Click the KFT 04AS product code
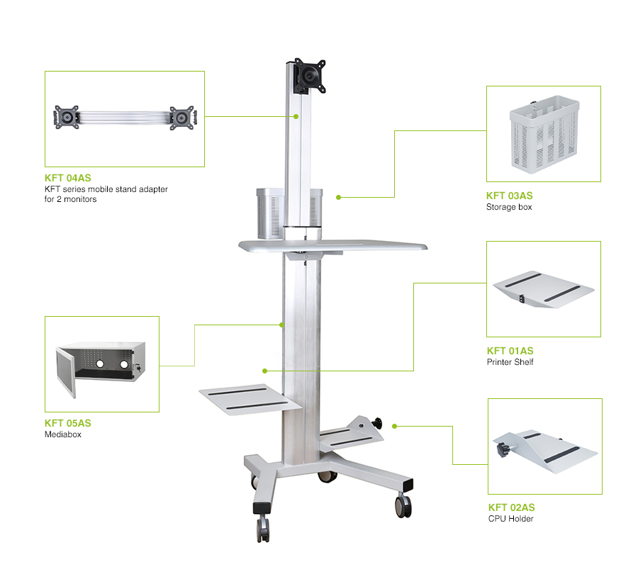pos(68,178)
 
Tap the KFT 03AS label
pos(510,196)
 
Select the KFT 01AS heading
pos(510,351)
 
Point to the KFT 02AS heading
pos(511,507)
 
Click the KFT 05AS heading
pos(68,423)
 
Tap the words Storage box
pos(509,207)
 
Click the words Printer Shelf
pos(510,362)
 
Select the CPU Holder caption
pos(511,519)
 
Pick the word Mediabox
pos(63,434)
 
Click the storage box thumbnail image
pos(544,134)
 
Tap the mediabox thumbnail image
pos(101,369)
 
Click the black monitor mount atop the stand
pos(310,76)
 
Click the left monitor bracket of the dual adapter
pos(67,117)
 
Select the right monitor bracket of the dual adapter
pos(182,118)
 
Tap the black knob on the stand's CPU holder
pos(378,423)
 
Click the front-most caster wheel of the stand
pos(263,528)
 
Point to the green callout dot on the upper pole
pos(296,117)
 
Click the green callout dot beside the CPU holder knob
pos(394,427)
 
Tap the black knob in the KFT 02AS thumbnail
pos(502,449)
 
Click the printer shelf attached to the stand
pos(250,400)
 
